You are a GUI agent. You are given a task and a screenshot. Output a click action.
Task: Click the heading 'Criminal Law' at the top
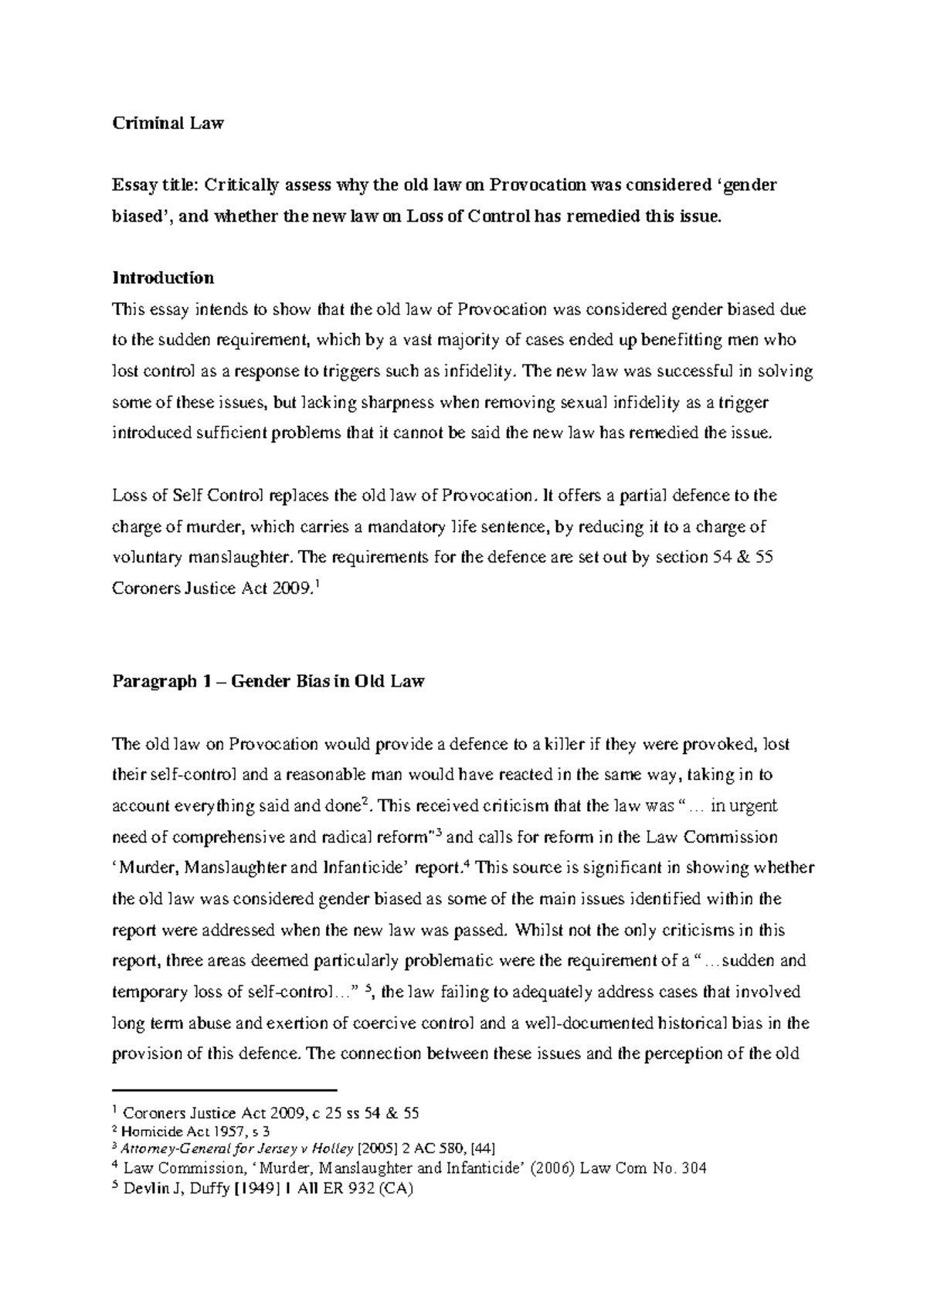point(168,123)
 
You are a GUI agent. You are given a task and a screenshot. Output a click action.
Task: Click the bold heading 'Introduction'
point(163,277)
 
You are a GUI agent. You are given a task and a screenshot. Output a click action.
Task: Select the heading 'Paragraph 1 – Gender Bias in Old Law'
point(268,682)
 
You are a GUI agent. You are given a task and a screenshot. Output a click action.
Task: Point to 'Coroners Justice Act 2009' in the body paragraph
point(212,589)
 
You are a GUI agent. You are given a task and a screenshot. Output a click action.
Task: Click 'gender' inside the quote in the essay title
point(745,185)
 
